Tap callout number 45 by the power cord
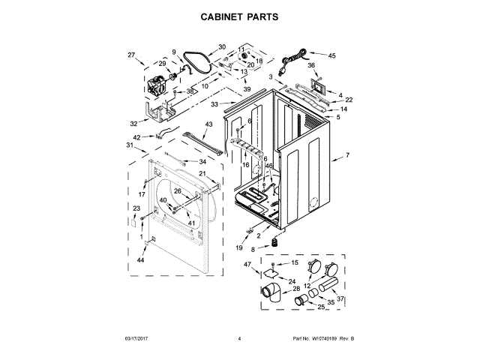pyautogui.click(x=332, y=55)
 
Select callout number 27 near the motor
pyautogui.click(x=131, y=55)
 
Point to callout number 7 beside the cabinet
pyautogui.click(x=347, y=156)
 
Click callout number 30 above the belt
pyautogui.click(x=222, y=46)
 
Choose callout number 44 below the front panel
pyautogui.click(x=140, y=259)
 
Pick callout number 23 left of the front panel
pyautogui.click(x=136, y=208)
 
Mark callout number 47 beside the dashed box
pyautogui.click(x=247, y=264)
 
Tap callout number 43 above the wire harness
pyautogui.click(x=208, y=124)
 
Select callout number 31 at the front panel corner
pyautogui.click(x=129, y=145)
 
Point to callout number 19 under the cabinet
pyautogui.click(x=240, y=247)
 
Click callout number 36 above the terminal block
pyautogui.click(x=311, y=65)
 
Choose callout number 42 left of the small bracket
pyautogui.click(x=137, y=136)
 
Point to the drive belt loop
pyautogui.click(x=199, y=64)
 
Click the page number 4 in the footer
pyautogui.click(x=239, y=339)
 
